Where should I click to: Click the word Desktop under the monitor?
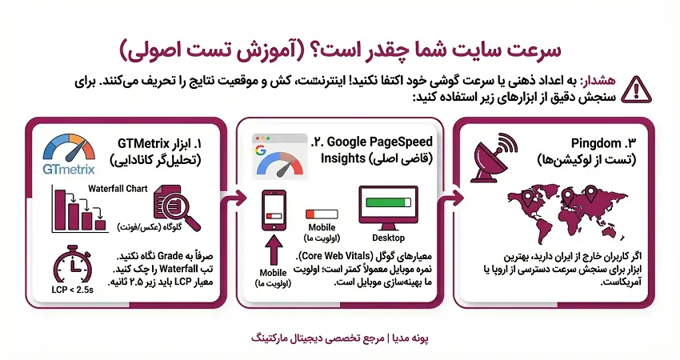point(388,238)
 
